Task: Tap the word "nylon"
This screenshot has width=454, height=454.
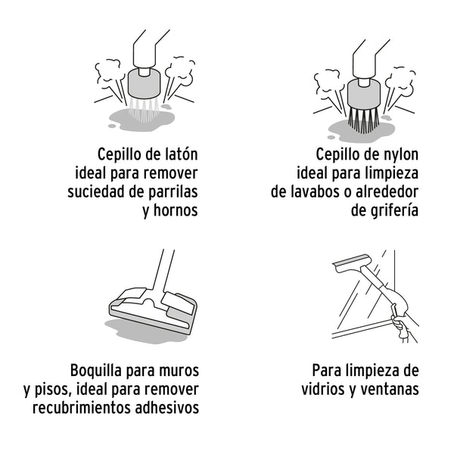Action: click(x=400, y=154)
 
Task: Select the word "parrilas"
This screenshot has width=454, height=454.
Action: click(x=173, y=192)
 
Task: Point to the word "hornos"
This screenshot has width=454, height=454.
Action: click(x=176, y=210)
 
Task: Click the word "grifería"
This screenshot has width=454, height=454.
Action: click(x=398, y=210)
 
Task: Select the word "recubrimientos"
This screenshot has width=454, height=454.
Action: click(x=82, y=407)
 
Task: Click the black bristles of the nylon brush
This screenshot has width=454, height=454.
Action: click(x=363, y=120)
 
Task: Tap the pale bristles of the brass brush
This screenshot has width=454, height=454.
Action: click(x=144, y=110)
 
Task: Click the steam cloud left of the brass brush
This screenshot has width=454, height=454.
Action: click(x=107, y=70)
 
